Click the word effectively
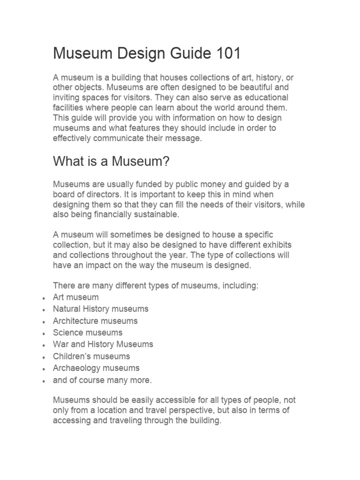click(73, 138)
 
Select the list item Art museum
click(76, 297)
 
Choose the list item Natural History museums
click(101, 309)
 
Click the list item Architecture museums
click(95, 321)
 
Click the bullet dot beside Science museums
click(43, 333)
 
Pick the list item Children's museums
click(91, 356)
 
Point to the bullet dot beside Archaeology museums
click(43, 369)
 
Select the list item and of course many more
click(102, 380)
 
